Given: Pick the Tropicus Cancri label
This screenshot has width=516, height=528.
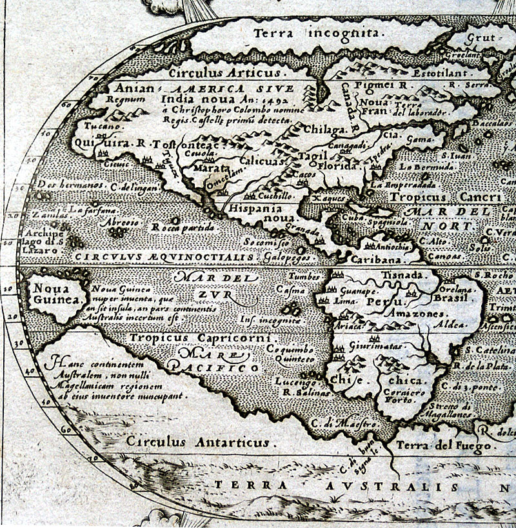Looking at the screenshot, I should coord(446,197).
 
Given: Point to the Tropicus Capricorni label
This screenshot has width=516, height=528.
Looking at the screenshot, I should coord(203,338).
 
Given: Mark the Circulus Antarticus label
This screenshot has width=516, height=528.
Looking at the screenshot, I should coord(197,442).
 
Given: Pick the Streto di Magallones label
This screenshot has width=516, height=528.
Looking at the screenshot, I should coord(449,411).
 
